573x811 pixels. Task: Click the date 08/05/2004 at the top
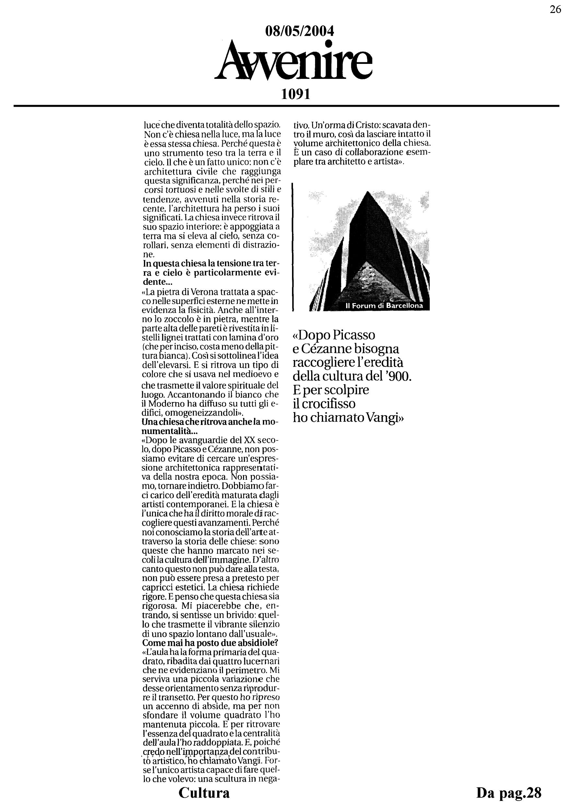299,32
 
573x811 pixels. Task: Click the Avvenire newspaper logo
294,62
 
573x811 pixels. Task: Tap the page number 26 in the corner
555,9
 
